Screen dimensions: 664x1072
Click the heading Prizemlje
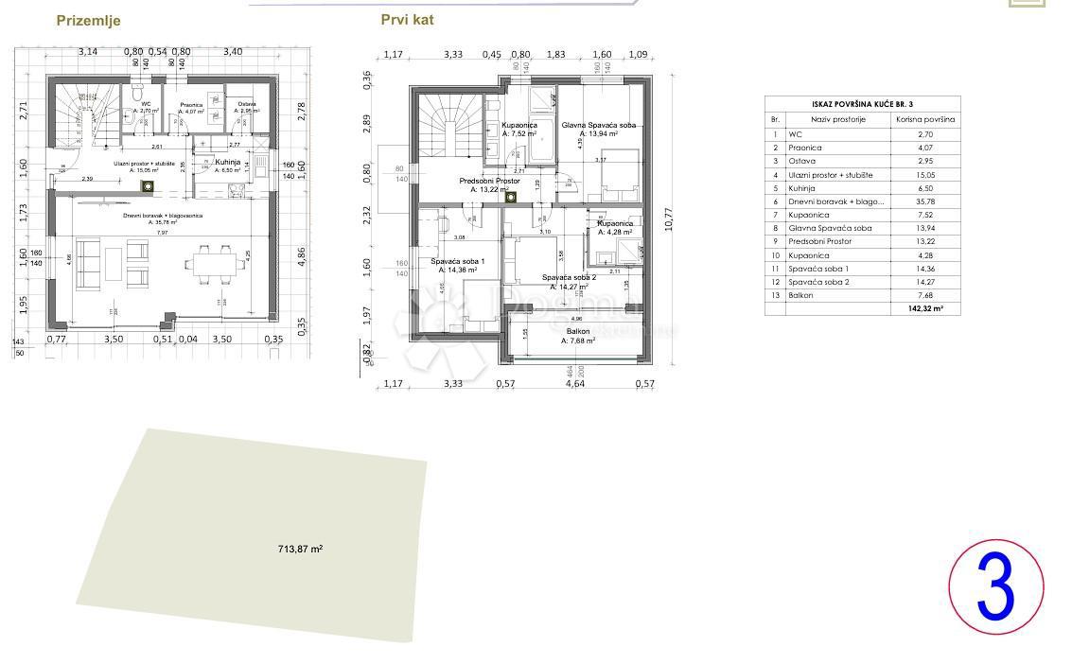88,21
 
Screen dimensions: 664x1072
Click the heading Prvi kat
407,19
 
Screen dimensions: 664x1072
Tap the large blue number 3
995,587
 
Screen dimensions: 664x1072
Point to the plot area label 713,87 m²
300,549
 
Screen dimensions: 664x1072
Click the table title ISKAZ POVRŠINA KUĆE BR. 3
862,104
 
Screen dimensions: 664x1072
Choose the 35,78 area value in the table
924,201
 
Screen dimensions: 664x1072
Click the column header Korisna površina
924,120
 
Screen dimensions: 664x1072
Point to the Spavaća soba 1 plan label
458,261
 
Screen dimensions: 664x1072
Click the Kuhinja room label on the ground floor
227,162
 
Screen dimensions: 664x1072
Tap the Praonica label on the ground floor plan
191,105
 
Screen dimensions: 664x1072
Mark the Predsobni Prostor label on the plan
489,181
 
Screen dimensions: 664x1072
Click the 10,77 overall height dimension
670,219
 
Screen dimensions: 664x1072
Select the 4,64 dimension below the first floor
574,383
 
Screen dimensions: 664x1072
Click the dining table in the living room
209,264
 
